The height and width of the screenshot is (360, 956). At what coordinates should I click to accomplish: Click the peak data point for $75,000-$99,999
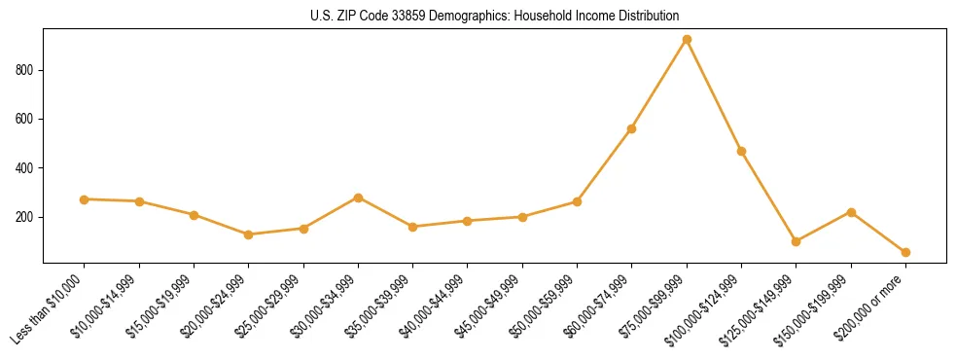tap(687, 40)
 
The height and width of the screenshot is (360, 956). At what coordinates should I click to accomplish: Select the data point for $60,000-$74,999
tap(632, 128)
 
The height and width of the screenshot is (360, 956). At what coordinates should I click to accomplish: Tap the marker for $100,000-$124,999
tap(741, 152)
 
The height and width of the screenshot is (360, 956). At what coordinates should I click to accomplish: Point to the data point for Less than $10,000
tap(85, 199)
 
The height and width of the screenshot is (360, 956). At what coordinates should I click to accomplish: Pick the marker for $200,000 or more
tap(905, 252)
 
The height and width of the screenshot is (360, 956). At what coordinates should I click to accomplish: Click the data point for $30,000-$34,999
tap(358, 198)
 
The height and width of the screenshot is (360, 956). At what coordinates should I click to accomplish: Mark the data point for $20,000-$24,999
tap(249, 234)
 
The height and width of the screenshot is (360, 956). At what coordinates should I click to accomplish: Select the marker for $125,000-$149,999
tap(796, 241)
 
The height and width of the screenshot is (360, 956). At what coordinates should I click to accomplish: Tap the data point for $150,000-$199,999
tap(851, 212)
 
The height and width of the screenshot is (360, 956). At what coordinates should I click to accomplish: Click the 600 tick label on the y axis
tap(26, 119)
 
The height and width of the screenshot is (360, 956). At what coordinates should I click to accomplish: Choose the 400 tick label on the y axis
tap(26, 168)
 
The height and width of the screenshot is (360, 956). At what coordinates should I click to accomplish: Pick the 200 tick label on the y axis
tap(26, 217)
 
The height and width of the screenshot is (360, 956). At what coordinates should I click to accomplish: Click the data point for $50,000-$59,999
tap(577, 201)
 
